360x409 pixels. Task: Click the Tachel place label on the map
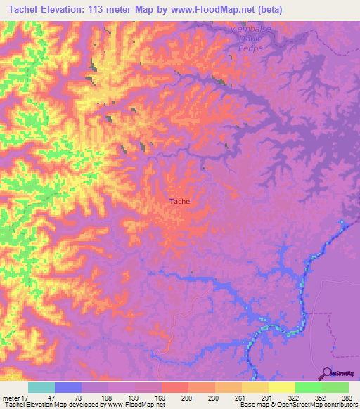coord(181,201)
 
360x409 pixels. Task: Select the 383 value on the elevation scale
coord(347,398)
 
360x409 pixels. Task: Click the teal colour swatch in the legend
coord(41,387)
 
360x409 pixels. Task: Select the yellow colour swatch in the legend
coord(281,387)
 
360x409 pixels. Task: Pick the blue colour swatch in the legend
coord(68,387)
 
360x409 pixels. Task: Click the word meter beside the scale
coord(13,398)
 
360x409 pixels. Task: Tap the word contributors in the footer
coord(340,405)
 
